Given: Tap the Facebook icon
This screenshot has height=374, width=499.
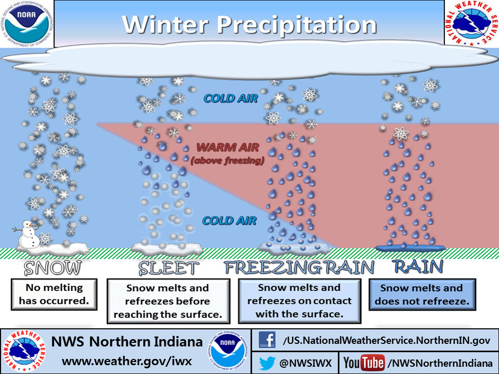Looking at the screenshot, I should pyautogui.click(x=267, y=340).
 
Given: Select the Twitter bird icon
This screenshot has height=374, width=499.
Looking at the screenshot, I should pyautogui.click(x=266, y=362).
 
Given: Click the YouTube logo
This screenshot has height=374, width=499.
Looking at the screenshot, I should pyautogui.click(x=364, y=362).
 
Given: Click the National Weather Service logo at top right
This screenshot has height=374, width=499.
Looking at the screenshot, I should pyautogui.click(x=472, y=23).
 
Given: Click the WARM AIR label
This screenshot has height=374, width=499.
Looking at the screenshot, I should pyautogui.click(x=227, y=147).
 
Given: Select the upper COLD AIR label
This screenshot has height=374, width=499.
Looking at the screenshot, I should pyautogui.click(x=231, y=98).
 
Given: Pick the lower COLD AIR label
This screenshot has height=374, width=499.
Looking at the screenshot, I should pyautogui.click(x=229, y=221).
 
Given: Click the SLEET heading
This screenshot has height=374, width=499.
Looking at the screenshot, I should pyautogui.click(x=168, y=268).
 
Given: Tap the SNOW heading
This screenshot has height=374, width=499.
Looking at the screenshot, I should pyautogui.click(x=53, y=268).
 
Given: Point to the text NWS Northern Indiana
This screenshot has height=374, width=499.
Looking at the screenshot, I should pyautogui.click(x=127, y=342).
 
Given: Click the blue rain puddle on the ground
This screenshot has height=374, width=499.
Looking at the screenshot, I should pyautogui.click(x=411, y=247).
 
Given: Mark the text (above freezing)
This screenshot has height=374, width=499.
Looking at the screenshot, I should pyautogui.click(x=227, y=161).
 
